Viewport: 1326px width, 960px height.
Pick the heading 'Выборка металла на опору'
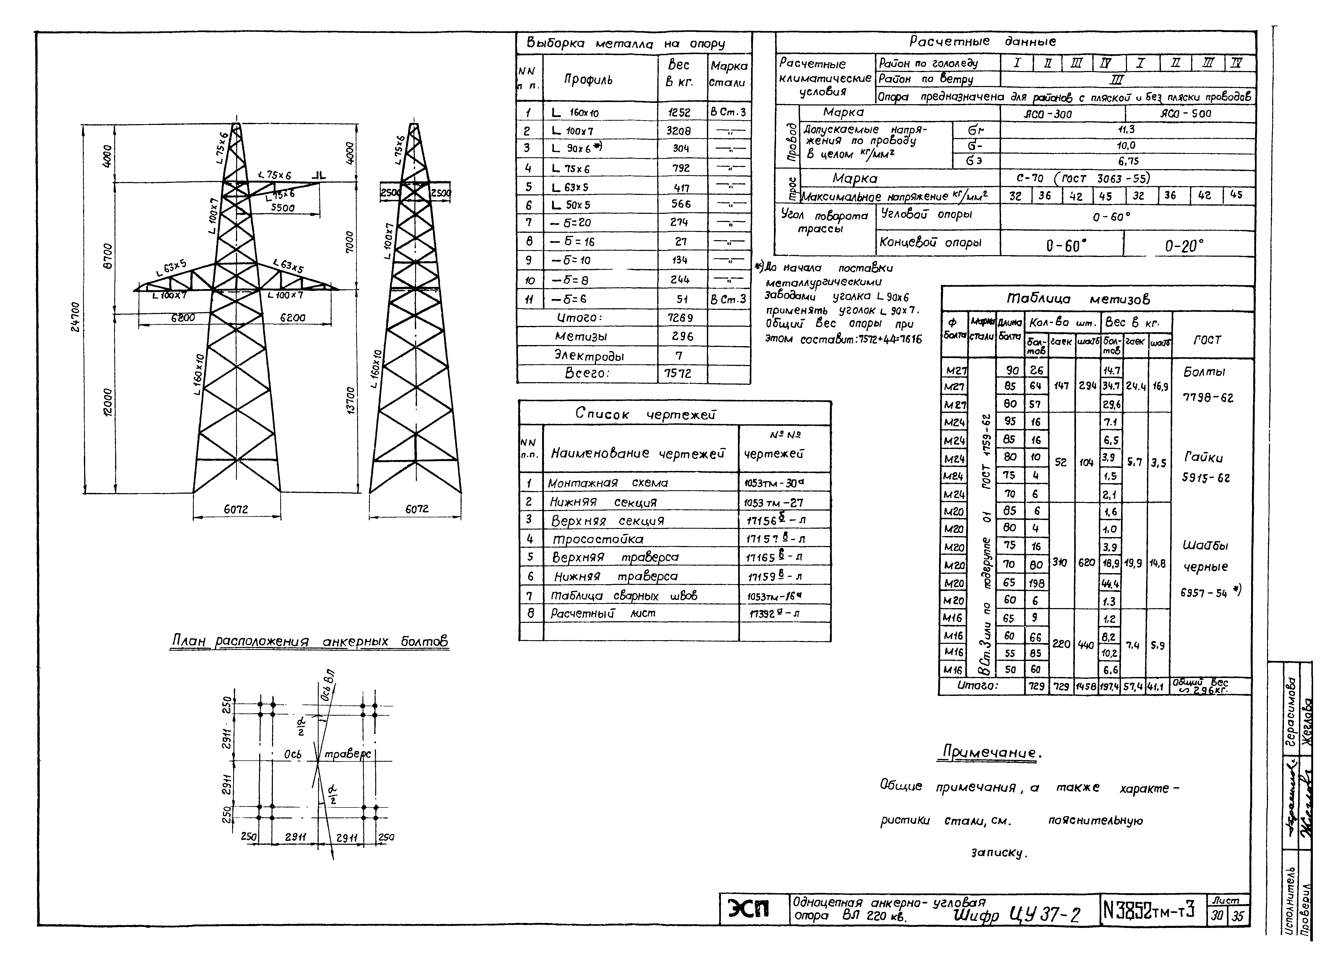pos(626,43)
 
